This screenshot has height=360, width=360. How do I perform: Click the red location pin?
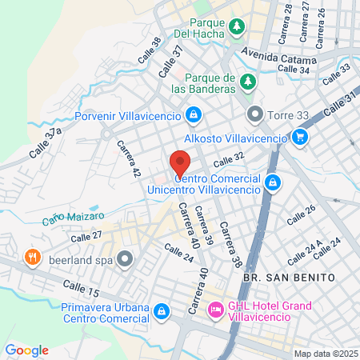tap(180, 163)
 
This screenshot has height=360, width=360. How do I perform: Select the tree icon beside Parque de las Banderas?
tap(248, 82)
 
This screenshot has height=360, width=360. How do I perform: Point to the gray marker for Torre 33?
tap(254, 114)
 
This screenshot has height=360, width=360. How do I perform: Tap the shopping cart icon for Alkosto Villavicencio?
tap(300, 138)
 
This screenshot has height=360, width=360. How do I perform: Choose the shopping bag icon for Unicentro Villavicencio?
tap(274, 182)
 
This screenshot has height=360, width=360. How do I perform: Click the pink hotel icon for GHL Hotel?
tap(215, 309)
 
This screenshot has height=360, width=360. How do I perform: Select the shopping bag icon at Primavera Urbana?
tap(162, 310)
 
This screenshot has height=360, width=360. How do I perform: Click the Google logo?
tap(26, 350)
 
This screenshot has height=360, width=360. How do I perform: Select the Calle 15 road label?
tap(82, 284)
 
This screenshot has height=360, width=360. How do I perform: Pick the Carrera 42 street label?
tap(128, 160)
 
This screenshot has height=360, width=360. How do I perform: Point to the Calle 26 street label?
tap(301, 214)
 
